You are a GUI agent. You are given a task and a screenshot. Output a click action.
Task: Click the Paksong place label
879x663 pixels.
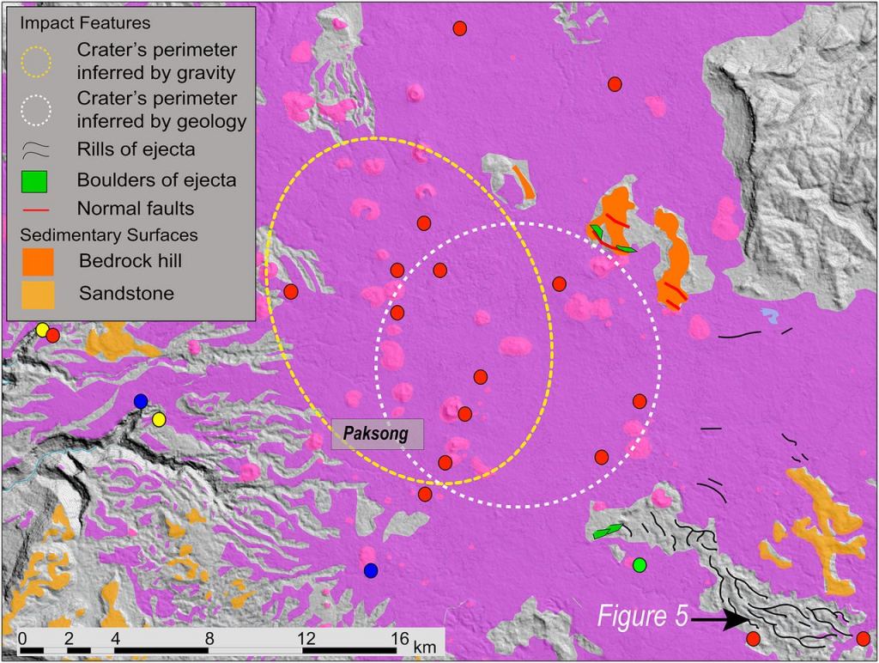pos(378,434)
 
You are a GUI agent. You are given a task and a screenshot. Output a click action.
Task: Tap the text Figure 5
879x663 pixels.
pos(642,617)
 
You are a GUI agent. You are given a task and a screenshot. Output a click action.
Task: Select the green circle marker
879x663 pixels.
pos(639,564)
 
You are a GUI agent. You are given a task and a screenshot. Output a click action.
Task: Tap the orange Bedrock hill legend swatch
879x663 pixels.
pos(37,260)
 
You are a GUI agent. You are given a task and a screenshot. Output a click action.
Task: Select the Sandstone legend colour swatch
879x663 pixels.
pos(37,295)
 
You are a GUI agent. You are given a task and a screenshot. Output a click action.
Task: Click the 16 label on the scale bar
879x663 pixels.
pos(399,639)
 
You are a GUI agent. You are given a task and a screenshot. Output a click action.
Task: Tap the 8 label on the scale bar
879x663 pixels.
pos(209,639)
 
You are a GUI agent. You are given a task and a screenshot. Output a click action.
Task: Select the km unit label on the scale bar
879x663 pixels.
pos(424,645)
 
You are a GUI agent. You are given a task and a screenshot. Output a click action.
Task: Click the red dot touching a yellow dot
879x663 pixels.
pos(53,335)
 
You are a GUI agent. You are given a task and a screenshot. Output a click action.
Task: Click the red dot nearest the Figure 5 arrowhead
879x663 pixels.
pos(753,638)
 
